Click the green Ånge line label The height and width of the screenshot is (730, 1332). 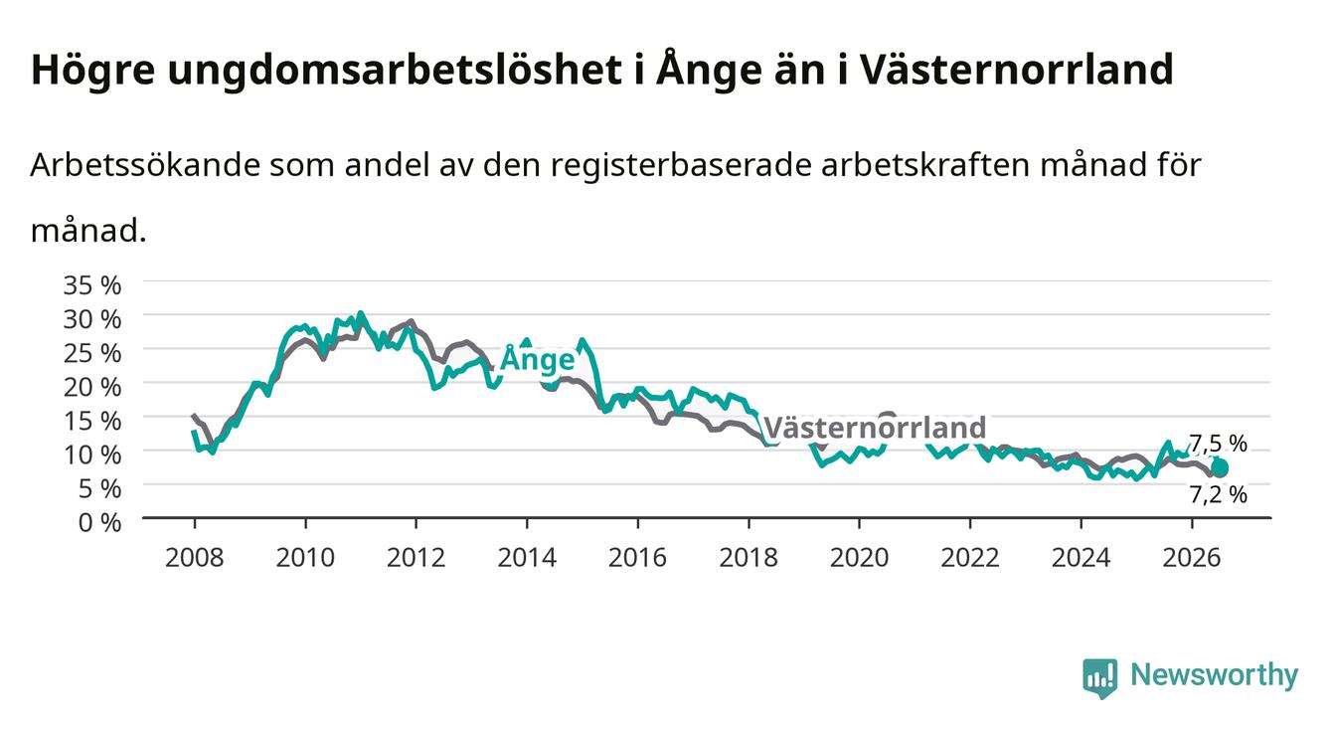[x=538, y=358]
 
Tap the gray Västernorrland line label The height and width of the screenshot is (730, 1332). [x=874, y=428]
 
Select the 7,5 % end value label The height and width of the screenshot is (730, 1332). [x=1218, y=444]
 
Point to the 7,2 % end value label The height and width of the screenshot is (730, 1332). [x=1218, y=494]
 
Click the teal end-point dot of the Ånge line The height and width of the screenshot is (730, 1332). [x=1219, y=468]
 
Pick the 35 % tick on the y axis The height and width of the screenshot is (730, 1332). [x=92, y=285]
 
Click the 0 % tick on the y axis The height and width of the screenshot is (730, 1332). [x=99, y=522]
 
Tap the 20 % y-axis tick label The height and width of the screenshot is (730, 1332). [x=92, y=387]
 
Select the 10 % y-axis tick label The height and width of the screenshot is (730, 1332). [x=92, y=456]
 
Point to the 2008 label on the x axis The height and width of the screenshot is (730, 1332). [x=195, y=558]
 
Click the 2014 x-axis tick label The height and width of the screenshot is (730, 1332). [x=527, y=558]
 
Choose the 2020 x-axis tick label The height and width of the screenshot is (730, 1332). [x=859, y=558]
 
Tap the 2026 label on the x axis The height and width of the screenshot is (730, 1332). [x=1192, y=558]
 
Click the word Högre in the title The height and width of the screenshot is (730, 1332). [x=92, y=71]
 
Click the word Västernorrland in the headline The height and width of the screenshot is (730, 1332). [x=1017, y=69]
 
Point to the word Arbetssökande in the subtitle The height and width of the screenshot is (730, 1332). [x=145, y=164]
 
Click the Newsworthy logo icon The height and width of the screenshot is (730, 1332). [x=1100, y=677]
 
